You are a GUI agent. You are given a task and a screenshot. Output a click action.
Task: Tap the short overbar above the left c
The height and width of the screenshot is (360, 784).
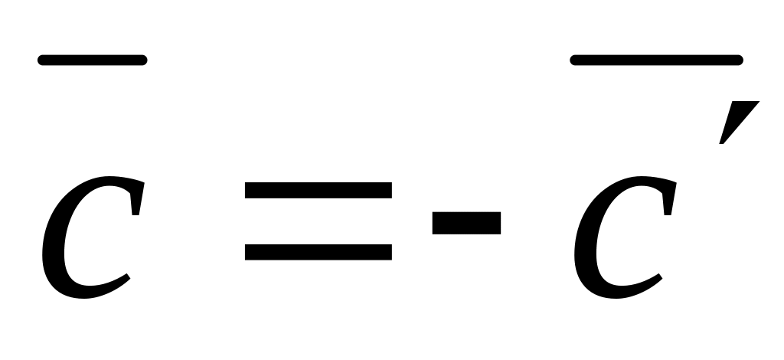pyautogui.click(x=92, y=61)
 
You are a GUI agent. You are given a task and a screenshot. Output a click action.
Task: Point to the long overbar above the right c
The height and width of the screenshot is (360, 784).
pyautogui.click(x=656, y=61)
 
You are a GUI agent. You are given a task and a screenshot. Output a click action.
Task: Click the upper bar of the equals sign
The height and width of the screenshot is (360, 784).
pyautogui.click(x=318, y=190)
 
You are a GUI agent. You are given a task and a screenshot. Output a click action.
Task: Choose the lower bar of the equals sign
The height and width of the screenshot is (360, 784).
pyautogui.click(x=318, y=251)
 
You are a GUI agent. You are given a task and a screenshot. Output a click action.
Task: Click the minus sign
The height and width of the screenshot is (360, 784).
pyautogui.click(x=466, y=222)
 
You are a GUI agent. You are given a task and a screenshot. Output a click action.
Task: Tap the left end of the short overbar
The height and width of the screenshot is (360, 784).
pyautogui.click(x=41, y=61)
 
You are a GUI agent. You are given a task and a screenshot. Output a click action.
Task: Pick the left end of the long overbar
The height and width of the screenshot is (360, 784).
pyautogui.click(x=574, y=61)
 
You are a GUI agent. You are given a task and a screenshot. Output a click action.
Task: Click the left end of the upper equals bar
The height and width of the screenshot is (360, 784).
pyautogui.click(x=248, y=190)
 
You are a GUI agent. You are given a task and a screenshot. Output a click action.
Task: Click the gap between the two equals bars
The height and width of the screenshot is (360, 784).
pyautogui.click(x=318, y=221)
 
